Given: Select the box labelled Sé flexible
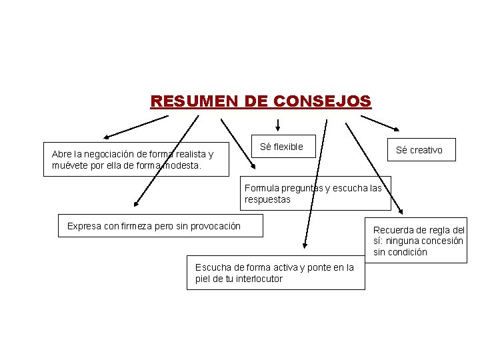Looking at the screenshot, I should pyautogui.click(x=281, y=147).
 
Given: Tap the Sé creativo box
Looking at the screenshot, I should pyautogui.click(x=419, y=150).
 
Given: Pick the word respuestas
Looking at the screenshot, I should pyautogui.click(x=267, y=199).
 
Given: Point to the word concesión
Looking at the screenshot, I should pyautogui.click(x=440, y=241).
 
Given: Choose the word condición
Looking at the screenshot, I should pyautogui.click(x=407, y=252).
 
